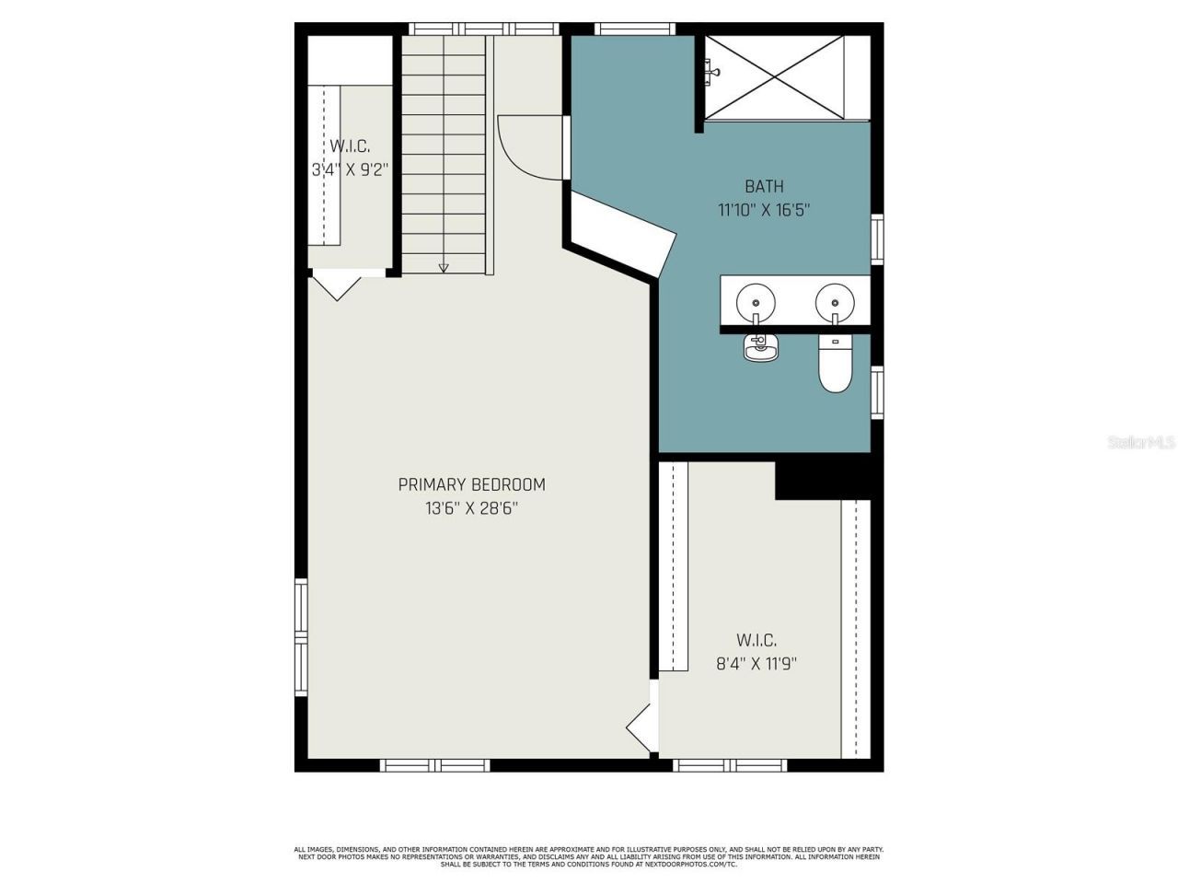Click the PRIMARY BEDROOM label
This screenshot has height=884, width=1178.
[x=471, y=484]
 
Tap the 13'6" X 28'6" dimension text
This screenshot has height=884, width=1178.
[x=471, y=507]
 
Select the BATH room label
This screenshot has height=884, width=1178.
[x=764, y=187]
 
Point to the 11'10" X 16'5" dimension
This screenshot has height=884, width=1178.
[x=764, y=210]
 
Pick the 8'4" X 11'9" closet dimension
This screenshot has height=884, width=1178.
[x=756, y=663]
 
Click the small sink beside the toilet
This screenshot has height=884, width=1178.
[x=759, y=347]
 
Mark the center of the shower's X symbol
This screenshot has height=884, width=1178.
[x=774, y=77]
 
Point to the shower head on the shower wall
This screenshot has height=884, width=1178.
[x=710, y=68]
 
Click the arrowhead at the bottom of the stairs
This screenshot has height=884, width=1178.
[x=444, y=268]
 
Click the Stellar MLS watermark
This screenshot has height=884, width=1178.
[x=1141, y=443]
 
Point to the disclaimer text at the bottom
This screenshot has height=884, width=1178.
[x=589, y=856]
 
